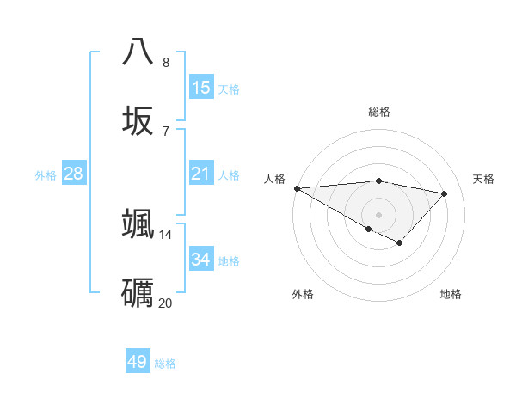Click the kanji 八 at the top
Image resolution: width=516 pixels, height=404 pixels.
click(138, 52)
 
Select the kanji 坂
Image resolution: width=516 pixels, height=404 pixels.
click(138, 120)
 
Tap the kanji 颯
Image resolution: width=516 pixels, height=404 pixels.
click(138, 223)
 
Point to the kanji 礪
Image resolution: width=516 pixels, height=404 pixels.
click(138, 292)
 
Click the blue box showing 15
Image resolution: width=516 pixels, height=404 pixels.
click(200, 87)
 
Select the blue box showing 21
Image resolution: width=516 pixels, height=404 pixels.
click(200, 174)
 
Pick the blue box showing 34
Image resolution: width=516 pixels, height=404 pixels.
click(200, 260)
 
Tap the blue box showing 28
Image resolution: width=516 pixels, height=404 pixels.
click(74, 174)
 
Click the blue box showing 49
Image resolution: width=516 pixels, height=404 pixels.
click(138, 362)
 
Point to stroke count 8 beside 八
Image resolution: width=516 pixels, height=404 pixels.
click(166, 62)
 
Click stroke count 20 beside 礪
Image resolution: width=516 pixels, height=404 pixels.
click(166, 303)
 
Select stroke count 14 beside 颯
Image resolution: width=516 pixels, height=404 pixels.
click(166, 234)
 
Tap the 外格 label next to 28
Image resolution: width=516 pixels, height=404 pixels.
click(46, 174)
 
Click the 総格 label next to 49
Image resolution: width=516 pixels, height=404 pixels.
click(166, 364)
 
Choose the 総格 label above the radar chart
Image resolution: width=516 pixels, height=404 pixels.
click(378, 112)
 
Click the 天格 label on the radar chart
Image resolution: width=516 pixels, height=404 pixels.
click(483, 179)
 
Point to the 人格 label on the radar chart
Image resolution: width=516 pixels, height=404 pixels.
click(274, 179)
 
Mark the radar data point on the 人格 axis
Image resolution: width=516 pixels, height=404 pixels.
click(297, 188)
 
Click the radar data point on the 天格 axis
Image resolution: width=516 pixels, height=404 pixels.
click(445, 193)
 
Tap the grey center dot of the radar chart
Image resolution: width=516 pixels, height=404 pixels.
click(378, 214)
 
